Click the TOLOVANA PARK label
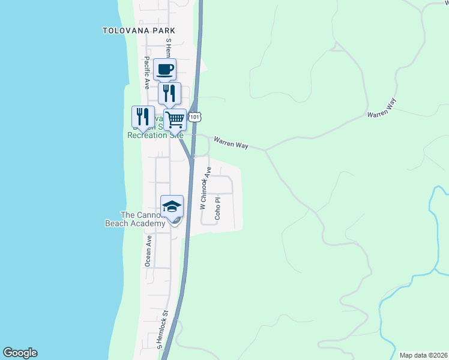click(x=139, y=30)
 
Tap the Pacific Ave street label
click(x=146, y=73)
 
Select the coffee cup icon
click(x=165, y=69)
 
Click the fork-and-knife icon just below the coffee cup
click(x=169, y=92)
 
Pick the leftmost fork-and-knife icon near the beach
click(x=143, y=116)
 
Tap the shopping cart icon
click(x=175, y=119)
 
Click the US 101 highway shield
click(x=194, y=117)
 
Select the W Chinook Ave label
click(x=206, y=188)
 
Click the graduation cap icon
click(x=172, y=206)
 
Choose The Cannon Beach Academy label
click(x=135, y=220)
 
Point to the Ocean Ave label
click(x=148, y=250)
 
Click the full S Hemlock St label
click(x=162, y=330)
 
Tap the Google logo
click(x=20, y=353)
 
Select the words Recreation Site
click(x=155, y=135)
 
